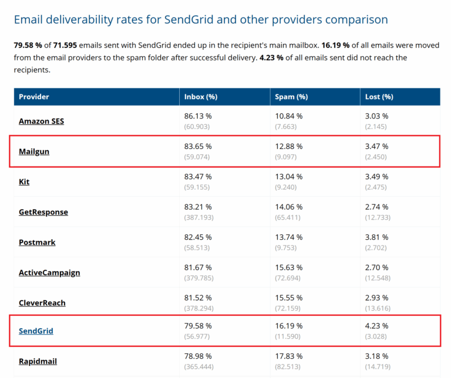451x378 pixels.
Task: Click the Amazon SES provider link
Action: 41,121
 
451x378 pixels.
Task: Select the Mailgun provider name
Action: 34,151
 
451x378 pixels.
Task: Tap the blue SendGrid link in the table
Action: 36,331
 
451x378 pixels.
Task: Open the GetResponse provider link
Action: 43,212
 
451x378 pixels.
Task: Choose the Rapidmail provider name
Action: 38,361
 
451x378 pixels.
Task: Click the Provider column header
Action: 34,97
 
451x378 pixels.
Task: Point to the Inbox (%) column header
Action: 201,97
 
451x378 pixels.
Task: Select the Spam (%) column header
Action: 291,97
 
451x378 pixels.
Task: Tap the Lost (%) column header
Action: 379,97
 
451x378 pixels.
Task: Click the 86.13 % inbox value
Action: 198,116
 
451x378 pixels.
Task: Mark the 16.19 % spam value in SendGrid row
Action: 288,325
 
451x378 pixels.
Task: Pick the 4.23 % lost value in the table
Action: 376,325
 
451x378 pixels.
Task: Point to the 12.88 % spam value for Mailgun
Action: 288,146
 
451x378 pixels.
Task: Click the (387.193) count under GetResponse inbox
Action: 199,217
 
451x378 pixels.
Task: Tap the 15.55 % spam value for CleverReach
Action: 288,298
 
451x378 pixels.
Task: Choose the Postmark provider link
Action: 37,242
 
